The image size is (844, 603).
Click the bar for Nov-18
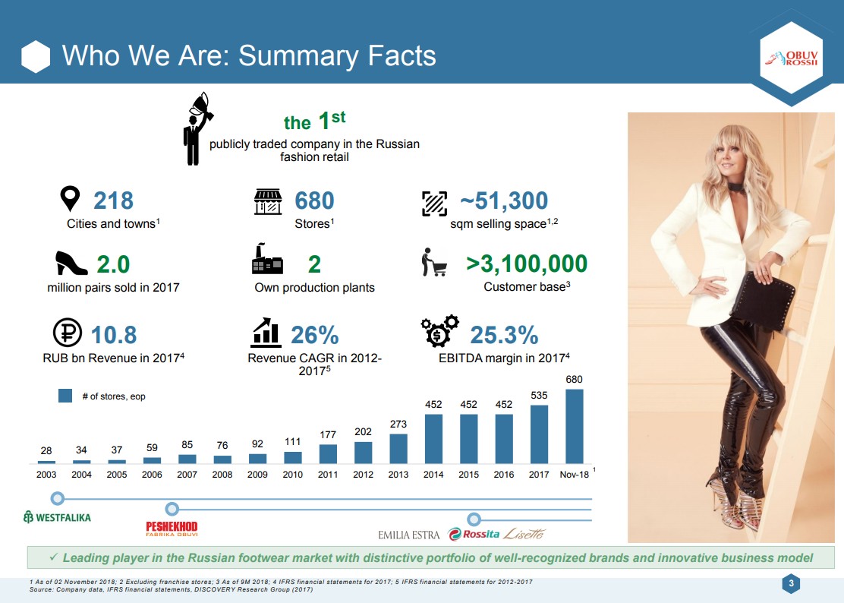575,426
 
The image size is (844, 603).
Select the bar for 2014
433,439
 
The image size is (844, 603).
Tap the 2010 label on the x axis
293,475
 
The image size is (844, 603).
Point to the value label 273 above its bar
398,425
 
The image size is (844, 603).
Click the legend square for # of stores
65,396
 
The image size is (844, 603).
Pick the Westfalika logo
57,517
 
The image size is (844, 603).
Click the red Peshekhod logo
172,528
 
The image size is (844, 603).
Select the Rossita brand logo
474,534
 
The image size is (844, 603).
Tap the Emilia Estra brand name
408,535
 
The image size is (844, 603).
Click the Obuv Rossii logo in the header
791,58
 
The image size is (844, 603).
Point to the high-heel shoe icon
71,264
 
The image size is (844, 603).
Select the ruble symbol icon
68,332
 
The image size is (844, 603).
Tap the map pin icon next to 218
70,199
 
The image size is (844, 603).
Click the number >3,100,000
527,264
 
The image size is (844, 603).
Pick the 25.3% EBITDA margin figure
504,335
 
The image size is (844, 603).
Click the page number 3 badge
791,583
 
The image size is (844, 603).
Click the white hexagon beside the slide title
36,56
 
